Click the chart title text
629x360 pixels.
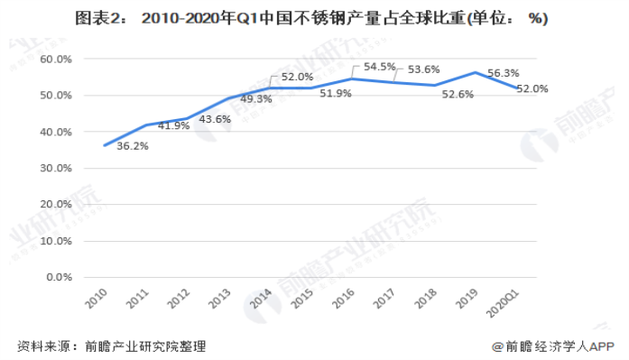pos(313,17)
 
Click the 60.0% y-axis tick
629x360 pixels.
pos(57,60)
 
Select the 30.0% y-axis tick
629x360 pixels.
pos(57,169)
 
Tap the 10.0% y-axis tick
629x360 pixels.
pos(57,241)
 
